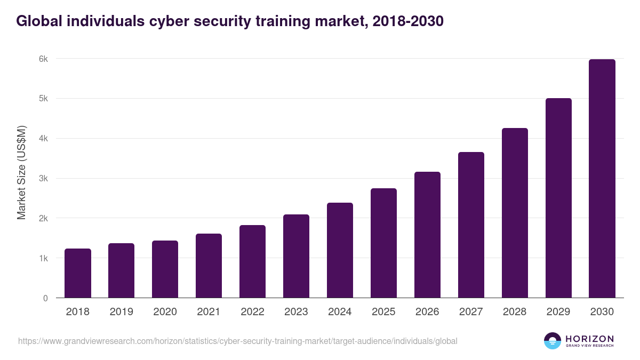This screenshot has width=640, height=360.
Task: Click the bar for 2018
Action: click(x=78, y=273)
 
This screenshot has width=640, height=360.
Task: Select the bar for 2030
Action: click(x=602, y=179)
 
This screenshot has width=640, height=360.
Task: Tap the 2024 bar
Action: click(x=340, y=250)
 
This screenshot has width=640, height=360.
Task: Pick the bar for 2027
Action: click(x=471, y=225)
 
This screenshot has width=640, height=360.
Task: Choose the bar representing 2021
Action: click(x=209, y=266)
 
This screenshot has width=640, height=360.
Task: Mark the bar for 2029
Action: click(x=558, y=198)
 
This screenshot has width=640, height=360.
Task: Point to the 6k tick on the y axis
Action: click(x=43, y=59)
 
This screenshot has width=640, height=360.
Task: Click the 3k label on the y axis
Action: click(x=43, y=178)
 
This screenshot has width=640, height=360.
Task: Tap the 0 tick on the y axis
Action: click(x=45, y=298)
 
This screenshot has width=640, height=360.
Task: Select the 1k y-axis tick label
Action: click(x=43, y=258)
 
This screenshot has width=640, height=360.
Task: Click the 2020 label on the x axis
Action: click(x=165, y=312)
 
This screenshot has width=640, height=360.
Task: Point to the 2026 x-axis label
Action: click(x=427, y=312)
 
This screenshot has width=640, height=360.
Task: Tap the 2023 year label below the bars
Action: click(x=296, y=312)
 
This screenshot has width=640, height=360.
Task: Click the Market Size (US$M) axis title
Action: click(x=21, y=172)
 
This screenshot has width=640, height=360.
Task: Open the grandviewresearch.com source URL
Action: click(x=237, y=341)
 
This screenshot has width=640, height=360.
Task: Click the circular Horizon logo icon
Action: click(x=553, y=341)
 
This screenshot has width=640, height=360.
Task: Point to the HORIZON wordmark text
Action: click(x=589, y=339)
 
